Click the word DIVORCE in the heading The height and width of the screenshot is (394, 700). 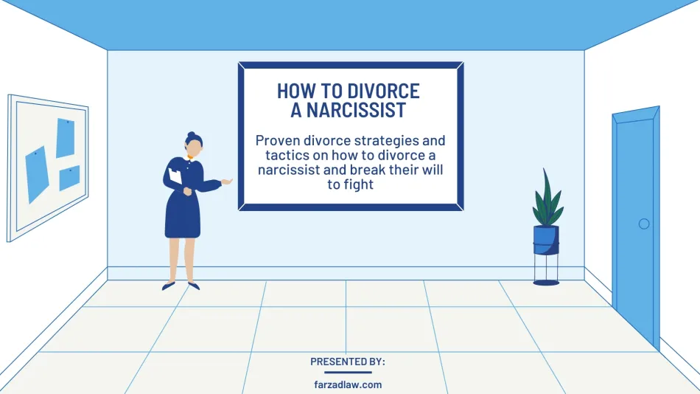(x=383, y=91)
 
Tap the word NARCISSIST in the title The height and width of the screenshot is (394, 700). (x=356, y=110)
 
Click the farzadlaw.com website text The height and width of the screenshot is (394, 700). (x=348, y=384)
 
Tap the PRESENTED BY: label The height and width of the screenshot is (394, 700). (x=348, y=362)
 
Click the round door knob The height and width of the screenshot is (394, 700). (x=644, y=224)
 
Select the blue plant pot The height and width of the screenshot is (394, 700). (x=546, y=240)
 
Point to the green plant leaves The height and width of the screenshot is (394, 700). (x=547, y=199)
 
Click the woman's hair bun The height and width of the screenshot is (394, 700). (x=192, y=134)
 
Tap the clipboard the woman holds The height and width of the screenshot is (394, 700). (x=175, y=176)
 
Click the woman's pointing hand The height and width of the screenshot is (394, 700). (x=227, y=181)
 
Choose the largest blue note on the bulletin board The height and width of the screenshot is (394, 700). (x=37, y=174)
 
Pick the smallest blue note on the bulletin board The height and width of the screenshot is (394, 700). (x=69, y=178)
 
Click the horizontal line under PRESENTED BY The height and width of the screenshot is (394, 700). (x=348, y=372)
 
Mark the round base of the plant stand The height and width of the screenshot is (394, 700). (x=546, y=283)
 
